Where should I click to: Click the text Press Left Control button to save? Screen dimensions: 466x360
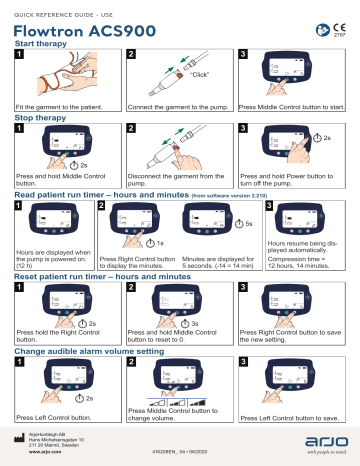tap(290, 419)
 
